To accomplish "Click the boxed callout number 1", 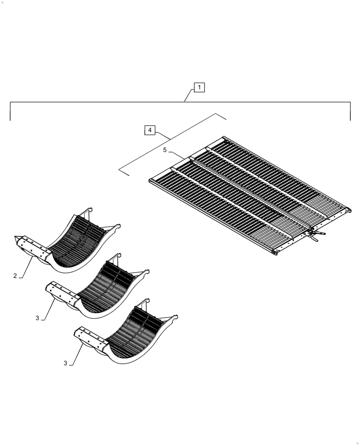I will [x=199, y=87].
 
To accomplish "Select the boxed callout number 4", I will [x=150, y=130].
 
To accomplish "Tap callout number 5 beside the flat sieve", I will [x=165, y=150].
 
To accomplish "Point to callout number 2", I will [x=15, y=276].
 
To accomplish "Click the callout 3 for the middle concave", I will [x=37, y=318].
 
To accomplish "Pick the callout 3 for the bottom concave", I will [x=65, y=363].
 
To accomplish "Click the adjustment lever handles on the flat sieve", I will [x=317, y=235].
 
